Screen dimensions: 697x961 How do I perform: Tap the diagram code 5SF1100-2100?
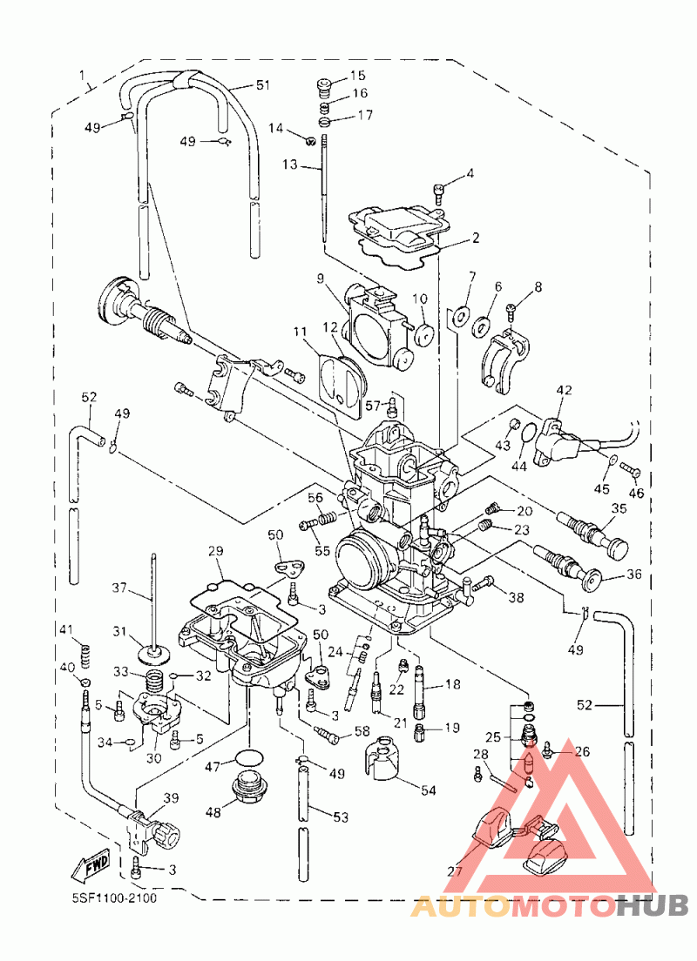(x=114, y=898)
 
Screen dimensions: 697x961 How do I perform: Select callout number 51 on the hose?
(x=262, y=85)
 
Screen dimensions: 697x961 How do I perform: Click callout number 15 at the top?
(x=358, y=76)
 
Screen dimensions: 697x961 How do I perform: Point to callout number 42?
(x=564, y=390)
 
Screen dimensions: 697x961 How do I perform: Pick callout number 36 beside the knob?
(x=633, y=575)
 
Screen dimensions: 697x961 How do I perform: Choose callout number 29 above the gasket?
(x=215, y=551)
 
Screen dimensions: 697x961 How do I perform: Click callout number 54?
(x=428, y=790)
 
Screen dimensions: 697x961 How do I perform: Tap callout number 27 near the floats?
(x=455, y=870)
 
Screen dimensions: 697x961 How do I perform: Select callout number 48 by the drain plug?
(x=213, y=812)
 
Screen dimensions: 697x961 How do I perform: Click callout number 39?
(x=171, y=798)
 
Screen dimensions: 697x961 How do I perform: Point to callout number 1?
(x=82, y=76)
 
